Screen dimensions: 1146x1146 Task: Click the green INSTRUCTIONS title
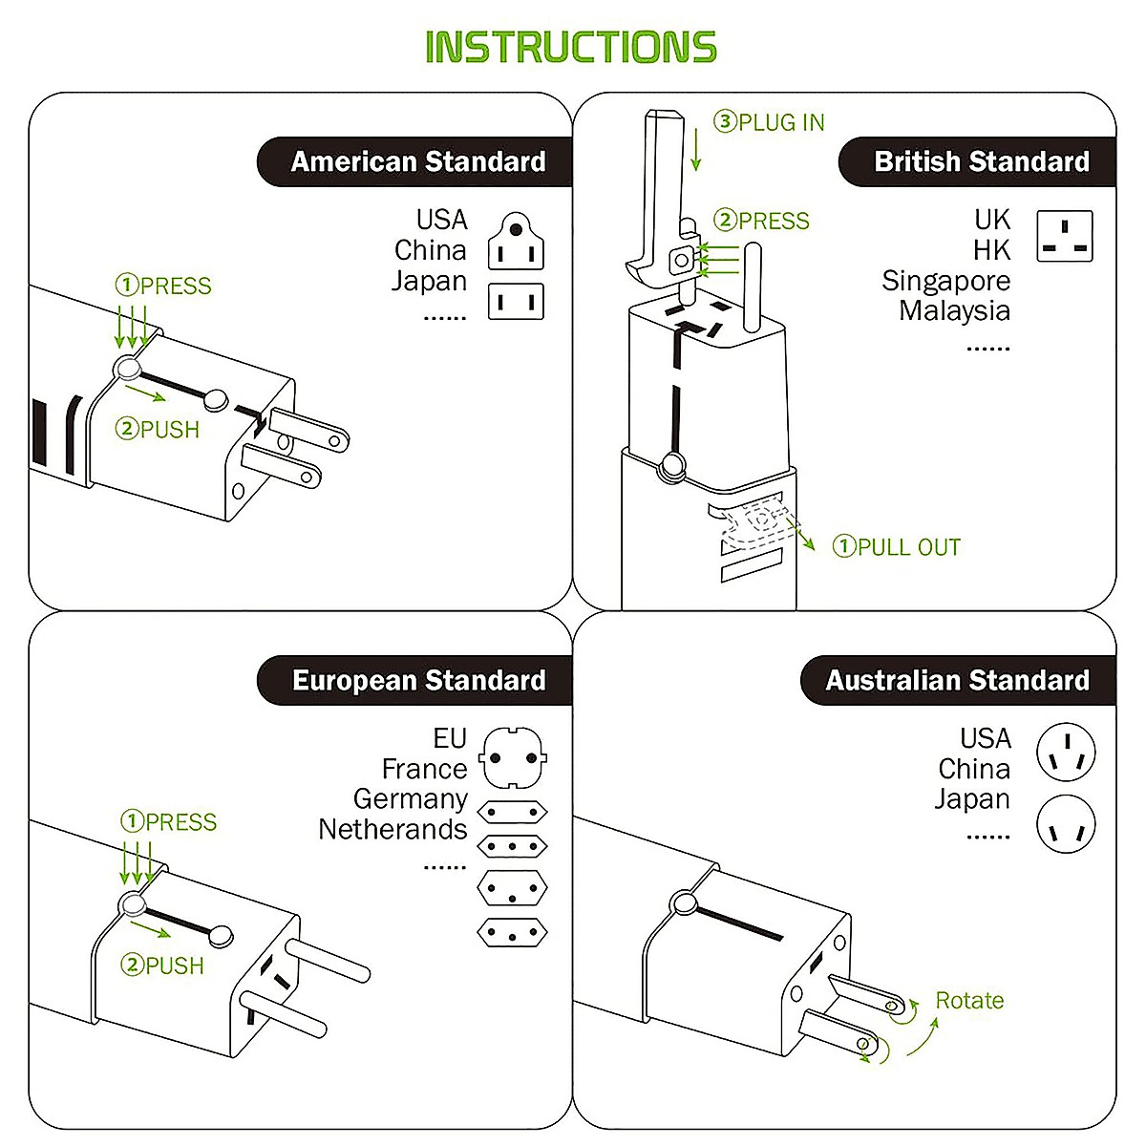(x=570, y=48)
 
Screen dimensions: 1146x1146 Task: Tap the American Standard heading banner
(x=417, y=161)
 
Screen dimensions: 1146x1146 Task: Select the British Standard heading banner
(x=981, y=161)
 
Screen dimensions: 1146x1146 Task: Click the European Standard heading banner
(x=417, y=680)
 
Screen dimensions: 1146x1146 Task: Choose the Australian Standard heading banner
(x=957, y=680)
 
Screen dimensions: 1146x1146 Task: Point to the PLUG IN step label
(x=770, y=122)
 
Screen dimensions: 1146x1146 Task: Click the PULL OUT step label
(x=897, y=547)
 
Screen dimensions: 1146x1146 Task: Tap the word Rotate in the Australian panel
(x=969, y=1000)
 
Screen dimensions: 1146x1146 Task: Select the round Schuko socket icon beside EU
(x=513, y=756)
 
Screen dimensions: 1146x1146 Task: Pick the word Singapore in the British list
(x=945, y=281)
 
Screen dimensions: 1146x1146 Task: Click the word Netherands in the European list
(x=393, y=829)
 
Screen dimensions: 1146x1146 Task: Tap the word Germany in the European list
(x=410, y=798)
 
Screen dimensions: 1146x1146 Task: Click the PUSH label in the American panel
(x=159, y=430)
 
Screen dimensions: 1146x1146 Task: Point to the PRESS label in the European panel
(x=169, y=821)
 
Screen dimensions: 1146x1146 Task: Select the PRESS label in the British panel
(x=762, y=221)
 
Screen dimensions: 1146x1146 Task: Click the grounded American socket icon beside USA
(x=516, y=242)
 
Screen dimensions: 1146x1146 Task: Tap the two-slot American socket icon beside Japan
(x=516, y=301)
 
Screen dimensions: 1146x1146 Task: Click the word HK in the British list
(x=991, y=250)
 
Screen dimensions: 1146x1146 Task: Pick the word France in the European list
(x=424, y=769)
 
